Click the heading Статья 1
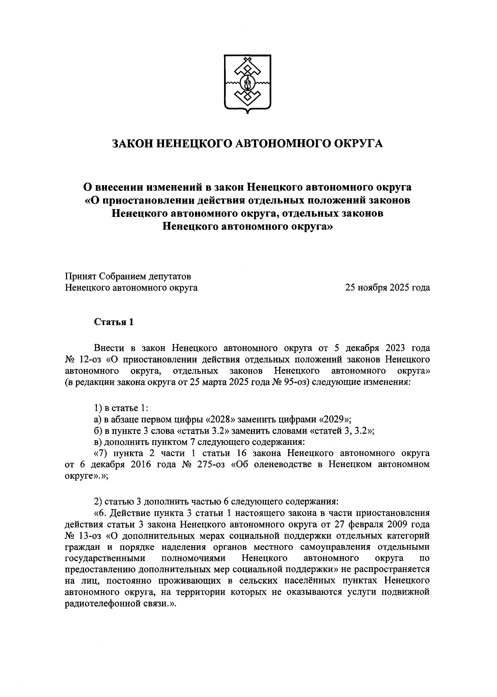click(x=114, y=322)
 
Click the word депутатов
click(x=170, y=276)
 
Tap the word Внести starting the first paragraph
click(x=109, y=347)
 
